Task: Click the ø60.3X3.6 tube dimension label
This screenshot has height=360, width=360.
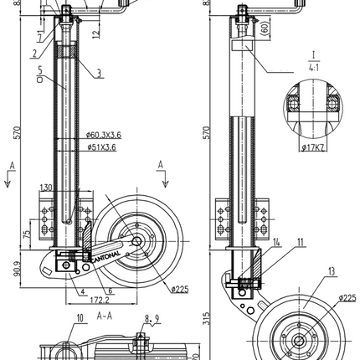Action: click(x=105, y=132)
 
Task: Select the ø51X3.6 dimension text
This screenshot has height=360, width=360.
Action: click(x=101, y=147)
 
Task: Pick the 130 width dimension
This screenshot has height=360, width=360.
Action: click(x=45, y=187)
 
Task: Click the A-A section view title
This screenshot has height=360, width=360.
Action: click(x=105, y=317)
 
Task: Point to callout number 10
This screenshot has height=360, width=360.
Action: click(x=80, y=317)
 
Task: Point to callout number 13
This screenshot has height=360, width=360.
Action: click(x=332, y=271)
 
